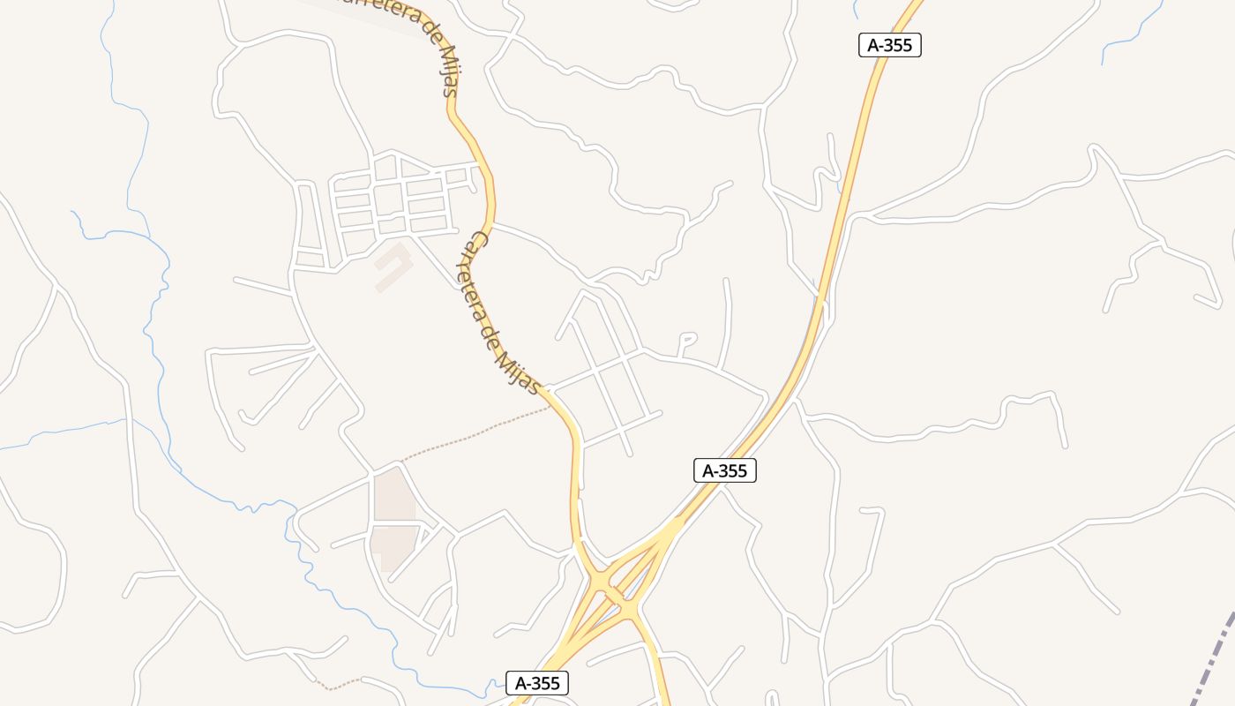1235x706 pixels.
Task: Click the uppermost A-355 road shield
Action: pos(889,45)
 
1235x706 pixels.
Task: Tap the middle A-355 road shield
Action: pos(724,470)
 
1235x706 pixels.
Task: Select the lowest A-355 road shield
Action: pos(537,682)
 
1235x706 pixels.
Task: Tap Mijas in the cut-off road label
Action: pos(449,71)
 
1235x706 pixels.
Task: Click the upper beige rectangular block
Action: pos(393,494)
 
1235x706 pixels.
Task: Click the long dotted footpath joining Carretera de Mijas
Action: pos(476,434)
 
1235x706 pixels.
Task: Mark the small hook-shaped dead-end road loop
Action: pos(686,339)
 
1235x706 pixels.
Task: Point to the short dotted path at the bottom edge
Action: pos(340,684)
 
